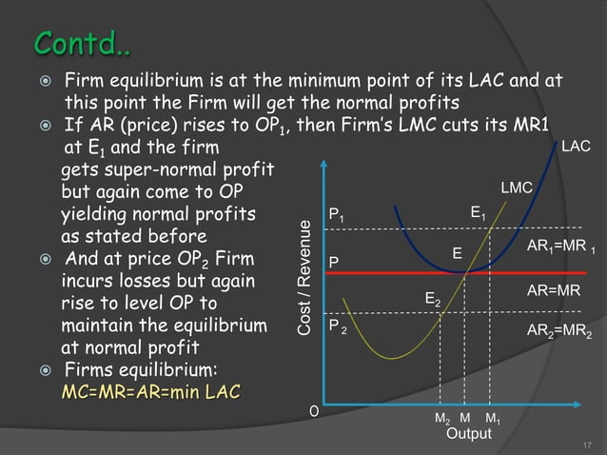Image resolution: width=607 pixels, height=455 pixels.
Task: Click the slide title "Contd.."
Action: tap(83, 43)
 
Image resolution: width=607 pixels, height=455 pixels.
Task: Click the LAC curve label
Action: tap(576, 147)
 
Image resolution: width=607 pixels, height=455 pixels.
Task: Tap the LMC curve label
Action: tap(515, 188)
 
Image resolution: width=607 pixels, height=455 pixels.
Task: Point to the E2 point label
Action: tap(432, 300)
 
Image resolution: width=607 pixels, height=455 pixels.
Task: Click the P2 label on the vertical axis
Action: tap(338, 326)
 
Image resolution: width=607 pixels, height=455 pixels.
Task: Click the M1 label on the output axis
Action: tap(492, 420)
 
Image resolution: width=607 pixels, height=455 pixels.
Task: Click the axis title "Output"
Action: tap(469, 434)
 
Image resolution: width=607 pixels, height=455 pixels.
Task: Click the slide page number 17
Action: tap(586, 444)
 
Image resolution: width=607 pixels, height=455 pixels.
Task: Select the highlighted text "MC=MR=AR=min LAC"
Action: tap(151, 392)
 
